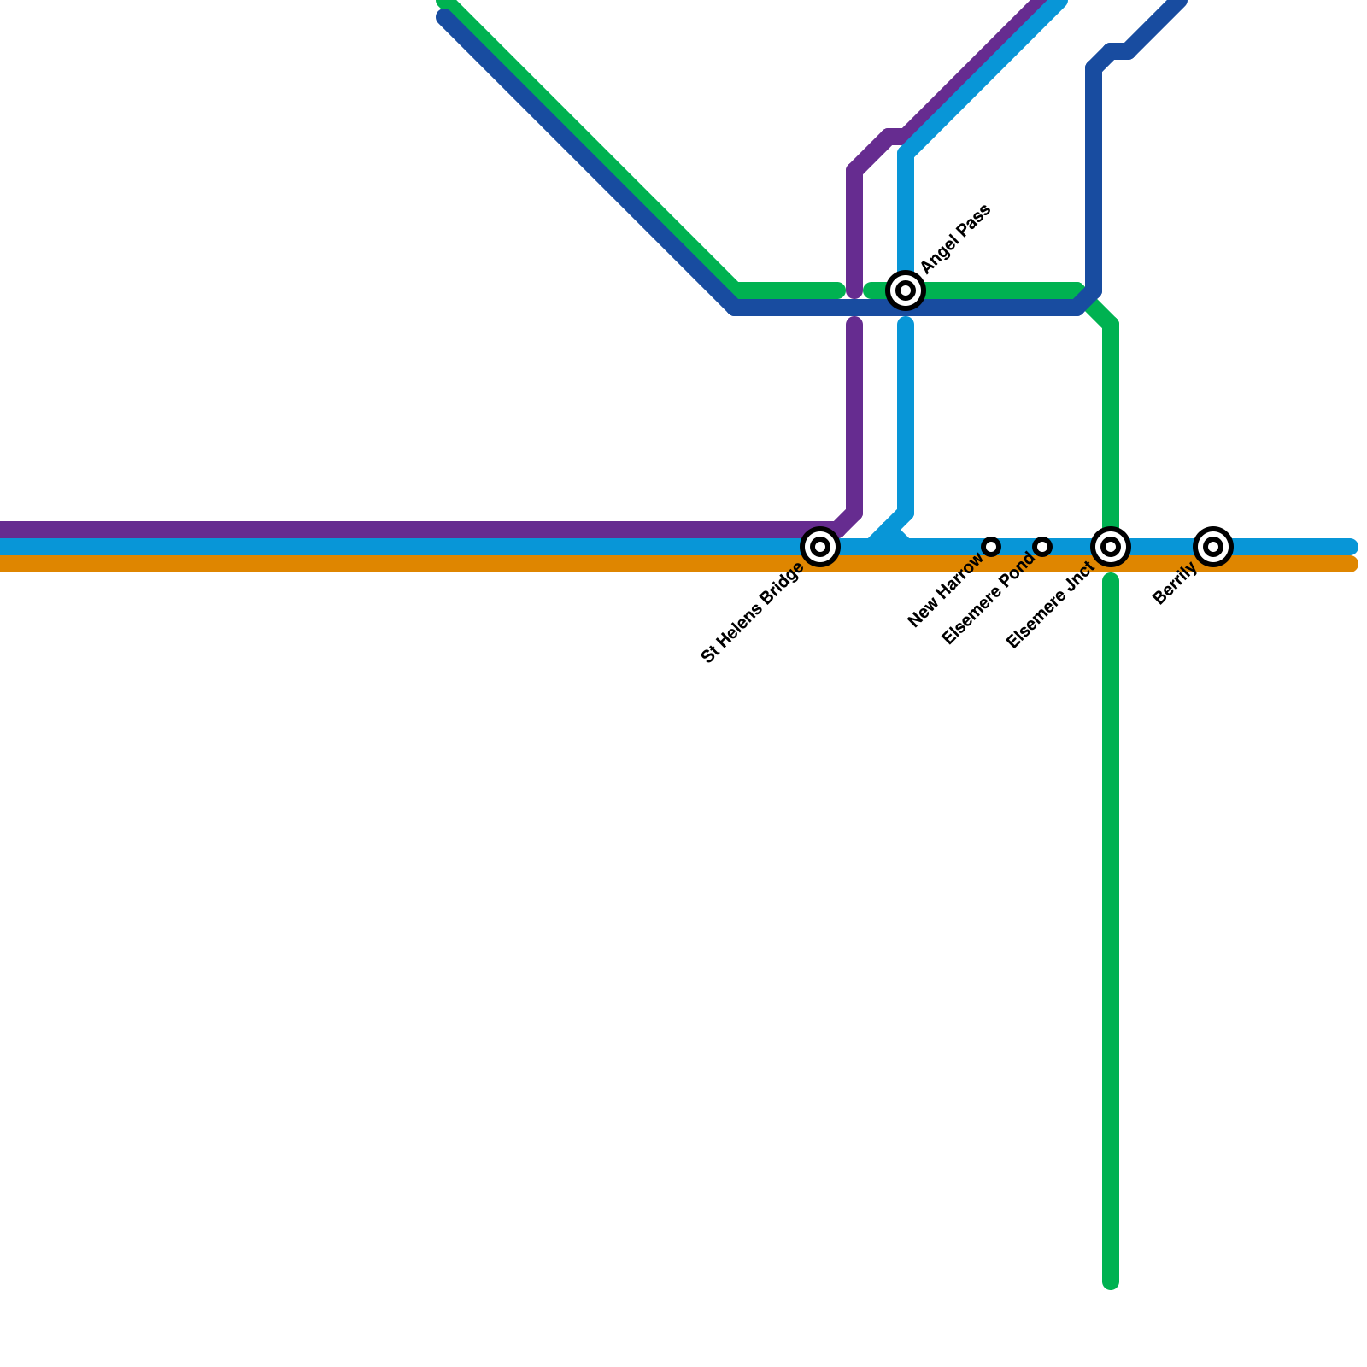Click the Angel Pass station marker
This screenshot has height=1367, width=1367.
(906, 290)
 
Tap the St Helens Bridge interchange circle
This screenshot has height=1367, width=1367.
(820, 547)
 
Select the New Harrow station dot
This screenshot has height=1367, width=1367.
(991, 547)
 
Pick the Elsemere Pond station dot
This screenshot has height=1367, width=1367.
(1042, 547)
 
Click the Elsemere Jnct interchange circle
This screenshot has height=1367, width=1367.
(1111, 547)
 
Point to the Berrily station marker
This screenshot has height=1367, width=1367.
(1213, 547)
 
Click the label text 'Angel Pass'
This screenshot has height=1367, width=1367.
(955, 239)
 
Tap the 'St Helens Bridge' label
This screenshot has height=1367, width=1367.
(752, 613)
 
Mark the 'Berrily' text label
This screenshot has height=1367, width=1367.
(1175, 584)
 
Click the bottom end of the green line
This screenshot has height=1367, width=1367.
(1111, 1282)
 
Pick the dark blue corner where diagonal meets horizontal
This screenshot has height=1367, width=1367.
(735, 308)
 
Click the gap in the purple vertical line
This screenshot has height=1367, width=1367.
(854, 308)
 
